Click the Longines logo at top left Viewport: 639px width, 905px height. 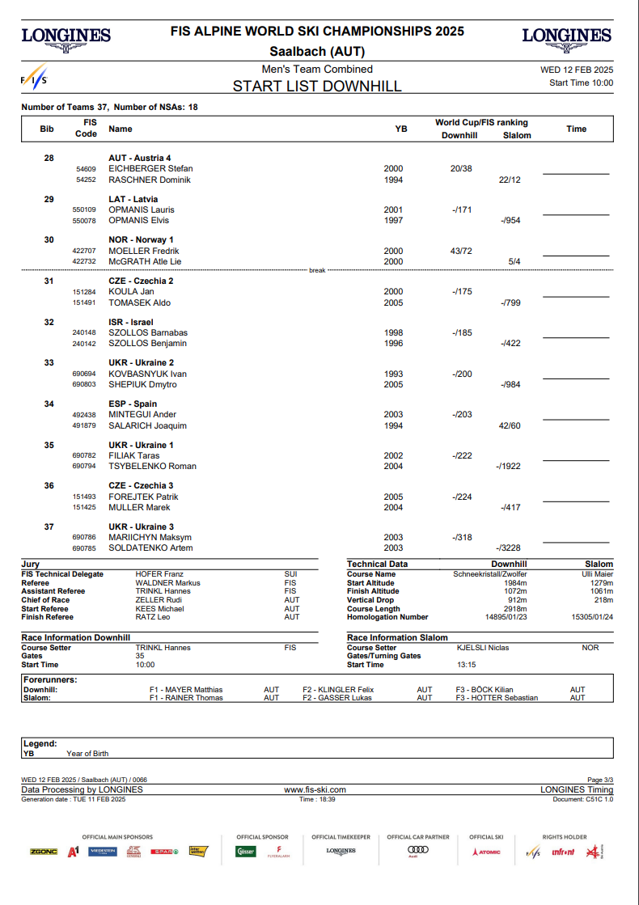(66, 39)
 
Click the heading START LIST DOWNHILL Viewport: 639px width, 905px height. (317, 87)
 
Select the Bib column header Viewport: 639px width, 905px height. (47, 129)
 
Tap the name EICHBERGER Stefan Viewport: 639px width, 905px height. (150, 169)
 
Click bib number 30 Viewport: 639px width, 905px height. (49, 240)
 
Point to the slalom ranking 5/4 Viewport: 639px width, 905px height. (514, 262)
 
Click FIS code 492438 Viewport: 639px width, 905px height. (84, 415)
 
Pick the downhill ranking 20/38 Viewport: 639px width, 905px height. (461, 169)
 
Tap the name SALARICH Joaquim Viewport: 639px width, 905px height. (147, 425)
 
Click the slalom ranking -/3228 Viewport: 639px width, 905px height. (509, 548)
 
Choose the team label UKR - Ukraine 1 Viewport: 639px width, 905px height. (141, 446)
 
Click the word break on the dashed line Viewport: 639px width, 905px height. (317, 270)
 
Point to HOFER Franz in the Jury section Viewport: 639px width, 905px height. (159, 574)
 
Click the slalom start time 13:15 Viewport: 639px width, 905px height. (467, 665)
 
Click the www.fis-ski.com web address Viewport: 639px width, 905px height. (315, 789)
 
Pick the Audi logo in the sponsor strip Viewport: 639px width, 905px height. (417, 850)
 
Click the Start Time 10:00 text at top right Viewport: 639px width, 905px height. (581, 82)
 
